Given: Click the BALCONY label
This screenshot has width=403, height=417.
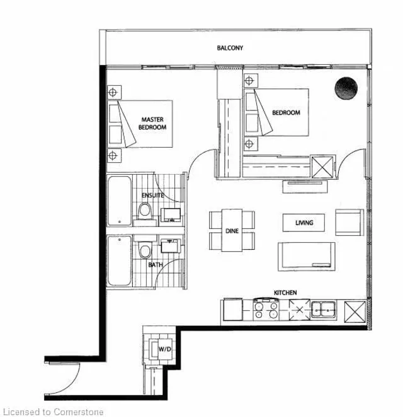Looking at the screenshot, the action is coord(230,48).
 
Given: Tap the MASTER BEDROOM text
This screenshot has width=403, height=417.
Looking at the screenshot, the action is coord(152,124).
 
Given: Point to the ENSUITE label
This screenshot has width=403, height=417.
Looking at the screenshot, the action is coord(152,196).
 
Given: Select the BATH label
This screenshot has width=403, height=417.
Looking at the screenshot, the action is coord(156,264).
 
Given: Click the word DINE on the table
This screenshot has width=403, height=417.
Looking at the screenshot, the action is coord(232,231).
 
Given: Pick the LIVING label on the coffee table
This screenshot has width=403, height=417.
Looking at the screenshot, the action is coord(304,223).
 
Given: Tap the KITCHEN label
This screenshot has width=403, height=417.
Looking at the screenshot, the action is coord(285,293).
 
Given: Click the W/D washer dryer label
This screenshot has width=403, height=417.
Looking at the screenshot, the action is coord(165,349).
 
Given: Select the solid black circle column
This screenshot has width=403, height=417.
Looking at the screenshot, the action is coord(346,88).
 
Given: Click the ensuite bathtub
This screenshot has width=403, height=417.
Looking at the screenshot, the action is coord(120,201).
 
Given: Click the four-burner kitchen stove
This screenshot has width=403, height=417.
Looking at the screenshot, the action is coord(266,310).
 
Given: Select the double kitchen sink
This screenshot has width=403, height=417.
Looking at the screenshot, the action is coord(324,309).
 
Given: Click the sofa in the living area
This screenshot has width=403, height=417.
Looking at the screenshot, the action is coord(307,257).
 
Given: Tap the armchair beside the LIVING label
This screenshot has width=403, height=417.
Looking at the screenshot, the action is coord(349,222).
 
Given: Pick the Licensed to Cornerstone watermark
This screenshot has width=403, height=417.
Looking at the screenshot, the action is coord(52,412).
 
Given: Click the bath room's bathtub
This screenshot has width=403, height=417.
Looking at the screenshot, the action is coord(120,261).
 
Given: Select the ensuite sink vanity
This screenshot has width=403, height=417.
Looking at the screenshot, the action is coord(171,215).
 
